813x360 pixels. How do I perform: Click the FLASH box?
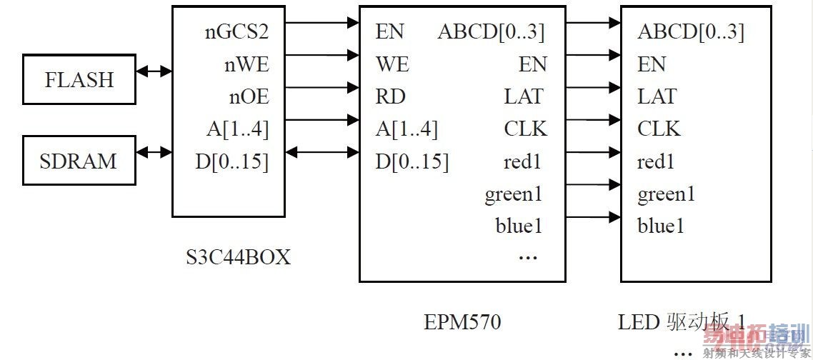[x=79, y=79]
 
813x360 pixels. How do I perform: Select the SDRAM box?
[x=79, y=160]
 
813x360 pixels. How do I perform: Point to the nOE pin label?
[x=248, y=96]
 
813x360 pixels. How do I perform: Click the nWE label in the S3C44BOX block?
[x=246, y=64]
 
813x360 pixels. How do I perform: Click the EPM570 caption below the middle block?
[x=462, y=322]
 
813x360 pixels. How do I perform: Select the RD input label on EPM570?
[x=390, y=96]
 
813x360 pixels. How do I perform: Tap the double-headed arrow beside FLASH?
[x=154, y=71]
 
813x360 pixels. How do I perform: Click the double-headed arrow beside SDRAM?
[x=154, y=151]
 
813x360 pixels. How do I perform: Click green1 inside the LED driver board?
[x=666, y=194]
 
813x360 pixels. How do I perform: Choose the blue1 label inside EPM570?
[x=519, y=226]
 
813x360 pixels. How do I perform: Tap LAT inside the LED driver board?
[x=657, y=96]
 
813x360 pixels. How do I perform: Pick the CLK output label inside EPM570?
[x=525, y=129]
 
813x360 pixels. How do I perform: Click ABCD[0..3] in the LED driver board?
[x=690, y=31]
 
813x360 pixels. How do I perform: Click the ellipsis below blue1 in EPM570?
[x=527, y=256]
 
